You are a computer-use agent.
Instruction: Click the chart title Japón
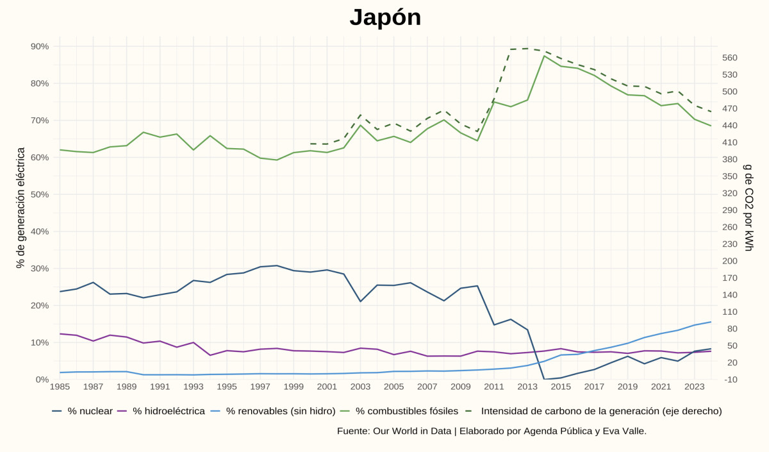(385, 17)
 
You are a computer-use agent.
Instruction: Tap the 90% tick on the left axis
(40, 46)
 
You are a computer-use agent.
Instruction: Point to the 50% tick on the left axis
(40, 194)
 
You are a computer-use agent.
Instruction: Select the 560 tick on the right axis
(730, 58)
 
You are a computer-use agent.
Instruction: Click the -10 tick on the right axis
(730, 380)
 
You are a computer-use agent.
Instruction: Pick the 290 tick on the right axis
(730, 210)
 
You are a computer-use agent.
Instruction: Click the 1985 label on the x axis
(60, 387)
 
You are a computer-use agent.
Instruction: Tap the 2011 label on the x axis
(494, 387)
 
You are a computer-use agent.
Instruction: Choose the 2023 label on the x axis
(695, 387)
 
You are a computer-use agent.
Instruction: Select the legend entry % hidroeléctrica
(169, 411)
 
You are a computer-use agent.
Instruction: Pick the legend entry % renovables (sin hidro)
(281, 411)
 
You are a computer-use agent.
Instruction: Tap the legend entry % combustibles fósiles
(407, 411)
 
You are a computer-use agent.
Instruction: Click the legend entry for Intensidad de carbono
(601, 411)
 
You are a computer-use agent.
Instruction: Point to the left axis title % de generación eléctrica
(21, 208)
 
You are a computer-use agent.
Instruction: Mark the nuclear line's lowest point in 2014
(544, 379)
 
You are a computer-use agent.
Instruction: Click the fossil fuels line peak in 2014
(544, 56)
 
